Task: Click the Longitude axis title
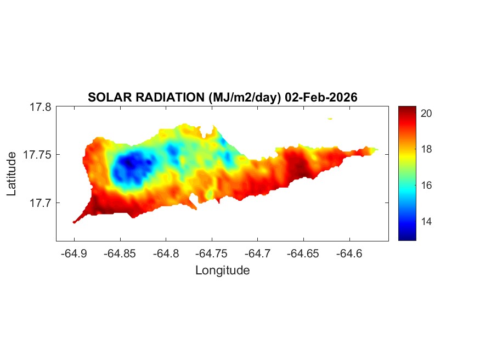coord(222,270)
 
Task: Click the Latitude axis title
coord(12,174)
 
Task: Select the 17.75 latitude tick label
coord(37,155)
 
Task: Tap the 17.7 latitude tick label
coord(39,203)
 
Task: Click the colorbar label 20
coord(427,113)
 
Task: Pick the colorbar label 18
coord(427,149)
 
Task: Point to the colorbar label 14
coord(427,222)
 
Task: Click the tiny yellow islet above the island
coord(330,118)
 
